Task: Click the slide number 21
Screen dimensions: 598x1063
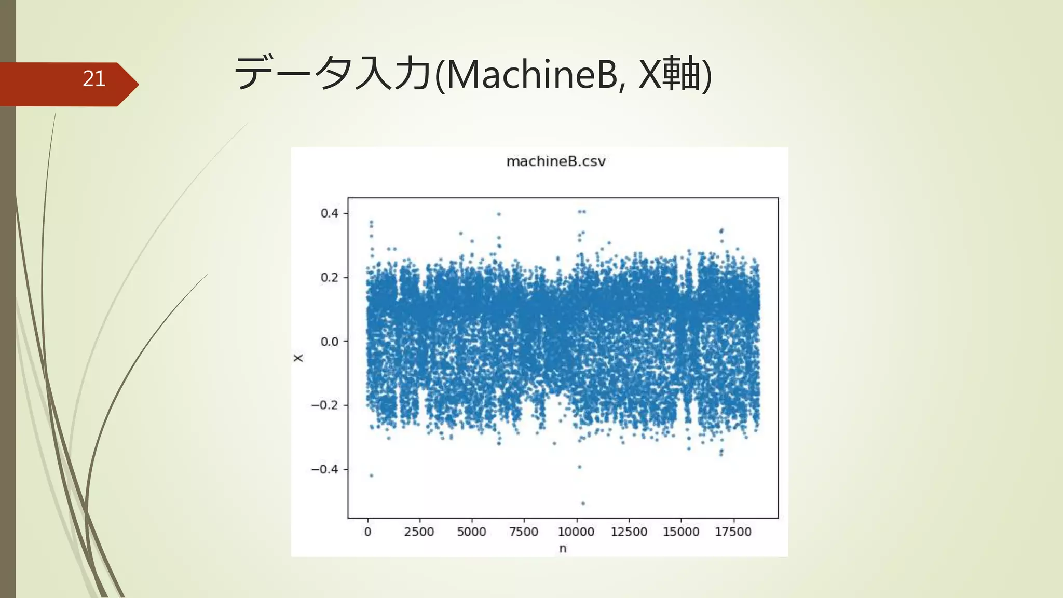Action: click(94, 79)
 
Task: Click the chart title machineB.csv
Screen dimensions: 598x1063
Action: click(556, 161)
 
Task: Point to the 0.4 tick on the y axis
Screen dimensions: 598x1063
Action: click(330, 213)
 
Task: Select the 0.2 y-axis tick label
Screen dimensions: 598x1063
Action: click(330, 278)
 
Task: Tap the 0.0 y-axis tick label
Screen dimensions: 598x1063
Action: click(330, 342)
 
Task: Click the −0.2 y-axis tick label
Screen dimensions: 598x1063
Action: click(325, 405)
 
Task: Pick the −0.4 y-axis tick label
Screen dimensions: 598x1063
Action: click(325, 469)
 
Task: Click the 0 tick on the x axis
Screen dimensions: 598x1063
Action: click(367, 532)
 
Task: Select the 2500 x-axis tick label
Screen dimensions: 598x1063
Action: click(419, 532)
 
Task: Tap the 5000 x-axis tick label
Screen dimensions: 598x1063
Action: click(471, 532)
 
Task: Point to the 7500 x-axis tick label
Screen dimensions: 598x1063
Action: click(524, 532)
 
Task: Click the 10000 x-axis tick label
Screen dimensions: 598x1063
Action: click(576, 532)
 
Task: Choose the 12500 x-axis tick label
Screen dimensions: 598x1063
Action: click(629, 532)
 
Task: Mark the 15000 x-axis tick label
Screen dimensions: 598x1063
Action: click(681, 532)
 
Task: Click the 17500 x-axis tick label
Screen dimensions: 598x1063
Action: click(733, 532)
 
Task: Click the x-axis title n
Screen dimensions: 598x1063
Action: click(563, 549)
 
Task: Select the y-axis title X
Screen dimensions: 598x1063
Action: click(298, 358)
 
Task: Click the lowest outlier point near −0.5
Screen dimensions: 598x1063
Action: click(583, 504)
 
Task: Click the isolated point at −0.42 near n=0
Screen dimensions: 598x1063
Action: click(371, 475)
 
